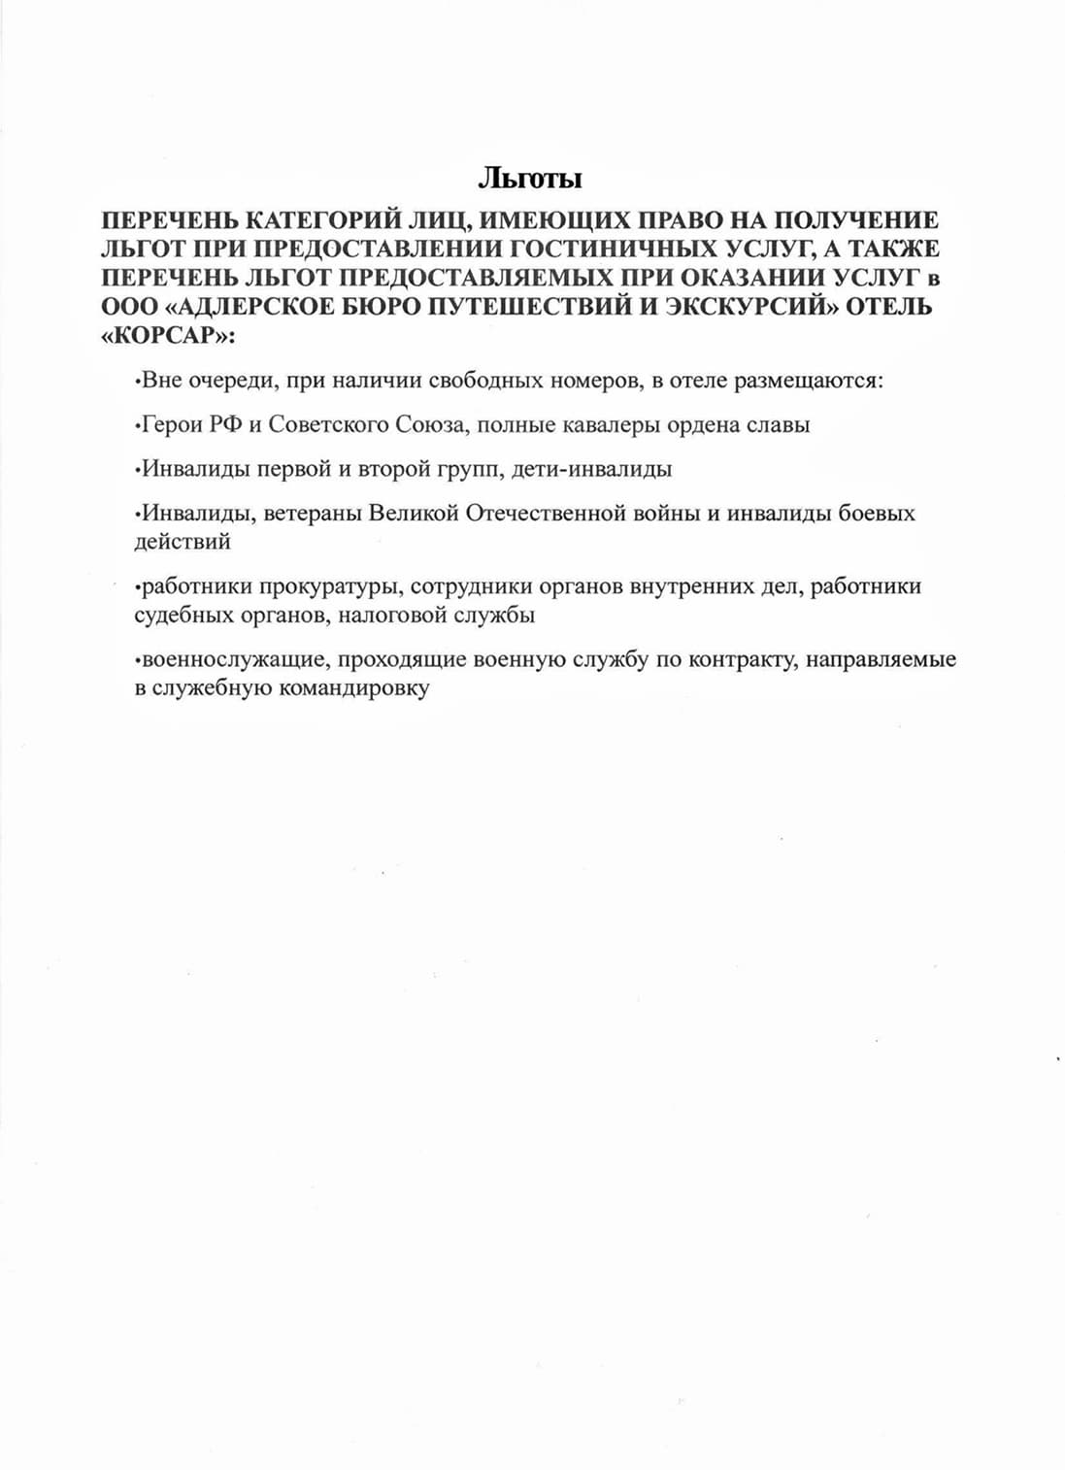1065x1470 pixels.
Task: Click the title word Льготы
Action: (530, 179)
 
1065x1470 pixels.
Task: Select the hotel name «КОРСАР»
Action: (167, 335)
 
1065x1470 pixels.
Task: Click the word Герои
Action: (171, 425)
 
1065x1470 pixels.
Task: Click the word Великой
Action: (412, 514)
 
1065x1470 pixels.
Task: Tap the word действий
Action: (183, 542)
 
